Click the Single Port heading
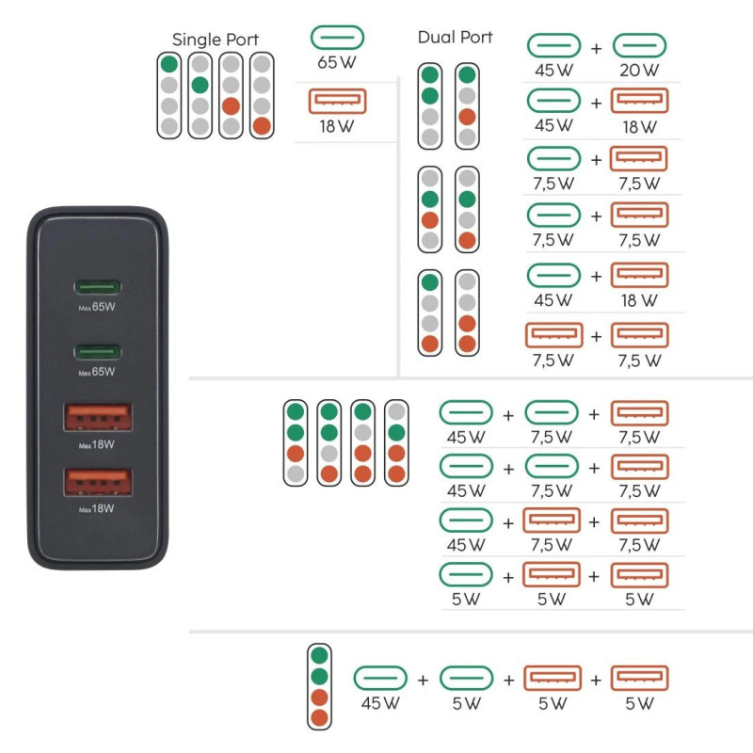[x=216, y=40]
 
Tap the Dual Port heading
[x=455, y=38]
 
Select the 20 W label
[x=639, y=71]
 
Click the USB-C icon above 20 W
[x=639, y=46]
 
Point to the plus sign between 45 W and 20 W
[x=596, y=48]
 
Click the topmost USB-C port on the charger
[x=97, y=287]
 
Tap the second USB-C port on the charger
[x=97, y=352]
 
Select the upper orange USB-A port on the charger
[x=98, y=417]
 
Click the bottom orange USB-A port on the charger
[x=98, y=482]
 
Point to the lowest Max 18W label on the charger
[x=97, y=509]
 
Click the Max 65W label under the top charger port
[x=97, y=308]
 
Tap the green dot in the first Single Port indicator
[x=169, y=64]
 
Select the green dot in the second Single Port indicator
[x=200, y=85]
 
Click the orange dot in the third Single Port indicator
[x=231, y=106]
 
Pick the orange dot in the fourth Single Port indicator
[x=262, y=126]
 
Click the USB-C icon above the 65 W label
[x=337, y=38]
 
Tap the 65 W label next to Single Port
[x=337, y=62]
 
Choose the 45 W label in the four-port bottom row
[x=380, y=703]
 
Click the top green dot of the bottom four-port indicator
[x=319, y=655]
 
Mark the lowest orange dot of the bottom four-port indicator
[x=319, y=718]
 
